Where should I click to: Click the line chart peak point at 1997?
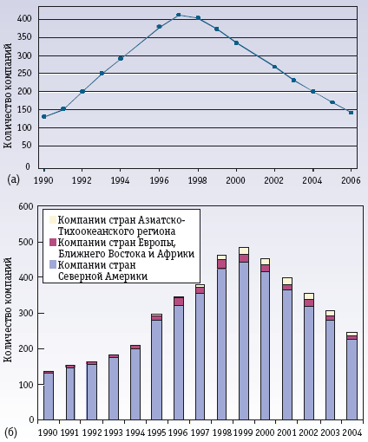click(178, 15)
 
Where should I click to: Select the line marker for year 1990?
click(43, 116)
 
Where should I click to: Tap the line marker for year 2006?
click(351, 112)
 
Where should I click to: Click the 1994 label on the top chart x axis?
click(121, 180)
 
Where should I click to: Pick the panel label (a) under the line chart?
click(13, 179)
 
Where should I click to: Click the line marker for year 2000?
click(235, 42)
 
